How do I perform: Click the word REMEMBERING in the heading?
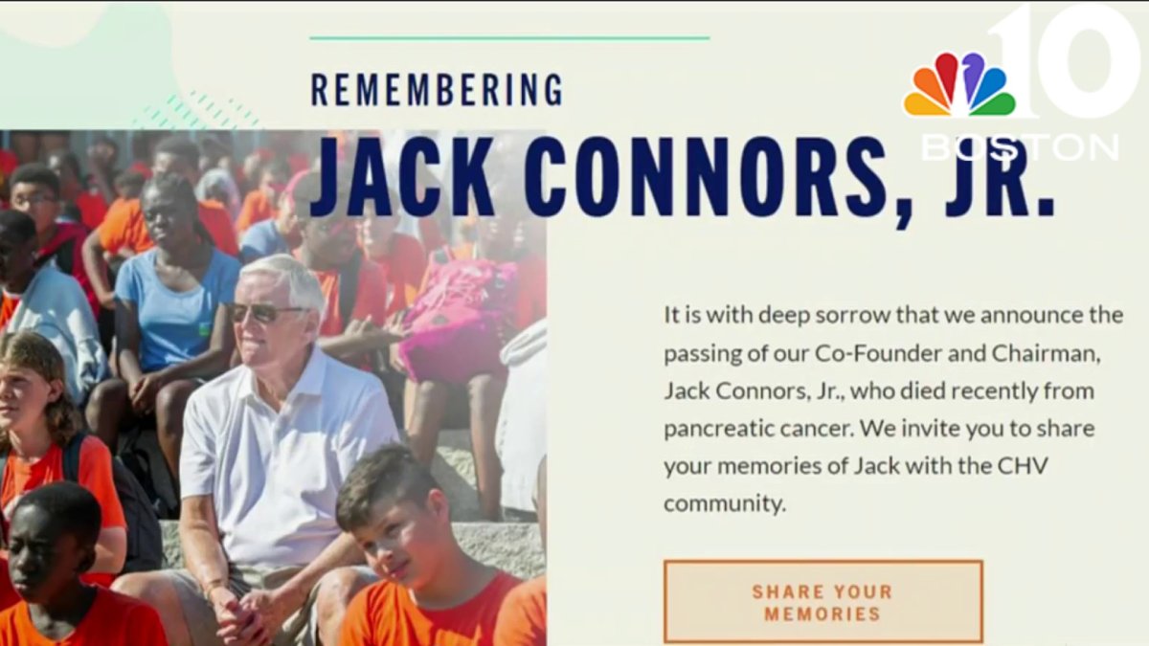click(x=437, y=89)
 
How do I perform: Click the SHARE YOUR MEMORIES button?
click(x=822, y=602)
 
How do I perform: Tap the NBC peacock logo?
click(x=958, y=87)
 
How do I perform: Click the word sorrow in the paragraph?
click(x=825, y=316)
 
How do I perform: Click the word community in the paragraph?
click(x=724, y=503)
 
